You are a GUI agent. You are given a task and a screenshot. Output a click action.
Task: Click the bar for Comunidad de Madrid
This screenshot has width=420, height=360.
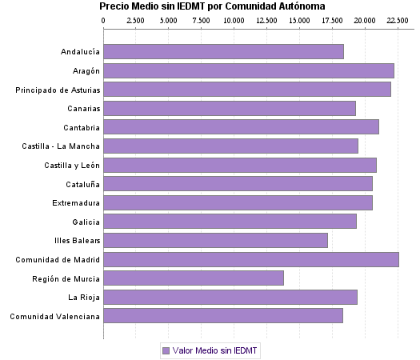[251, 259]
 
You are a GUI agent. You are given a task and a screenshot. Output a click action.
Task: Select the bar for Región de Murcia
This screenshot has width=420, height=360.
[194, 278]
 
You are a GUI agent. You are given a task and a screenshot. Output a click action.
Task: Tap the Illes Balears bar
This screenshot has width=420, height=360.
[216, 240]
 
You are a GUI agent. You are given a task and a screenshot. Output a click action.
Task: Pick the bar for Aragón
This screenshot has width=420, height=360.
[249, 70]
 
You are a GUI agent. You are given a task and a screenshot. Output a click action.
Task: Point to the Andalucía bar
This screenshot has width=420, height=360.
[224, 52]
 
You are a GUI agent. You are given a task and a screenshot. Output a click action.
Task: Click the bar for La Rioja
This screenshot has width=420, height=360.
[230, 297]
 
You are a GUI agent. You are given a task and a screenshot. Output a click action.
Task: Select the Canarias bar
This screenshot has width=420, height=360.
[230, 108]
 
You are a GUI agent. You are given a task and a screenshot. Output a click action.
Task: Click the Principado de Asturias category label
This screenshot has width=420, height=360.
[58, 90]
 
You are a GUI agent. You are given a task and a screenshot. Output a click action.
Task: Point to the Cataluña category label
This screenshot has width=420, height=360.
[81, 184]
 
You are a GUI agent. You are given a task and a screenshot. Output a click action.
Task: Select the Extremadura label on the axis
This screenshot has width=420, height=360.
[76, 202]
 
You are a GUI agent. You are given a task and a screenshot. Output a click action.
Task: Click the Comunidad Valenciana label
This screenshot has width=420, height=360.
[54, 316]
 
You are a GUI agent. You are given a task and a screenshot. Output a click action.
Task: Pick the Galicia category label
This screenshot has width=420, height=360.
[86, 222]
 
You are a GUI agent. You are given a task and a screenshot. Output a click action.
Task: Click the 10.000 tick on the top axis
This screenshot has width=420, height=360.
[234, 20]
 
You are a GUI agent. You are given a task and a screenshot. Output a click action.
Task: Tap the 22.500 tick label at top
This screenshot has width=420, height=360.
[397, 20]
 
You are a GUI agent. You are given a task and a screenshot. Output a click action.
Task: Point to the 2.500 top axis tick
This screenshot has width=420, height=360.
[136, 20]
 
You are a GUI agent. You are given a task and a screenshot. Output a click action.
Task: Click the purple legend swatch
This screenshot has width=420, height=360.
[166, 350]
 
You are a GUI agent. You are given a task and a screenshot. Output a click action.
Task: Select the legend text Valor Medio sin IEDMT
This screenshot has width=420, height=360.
[215, 350]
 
